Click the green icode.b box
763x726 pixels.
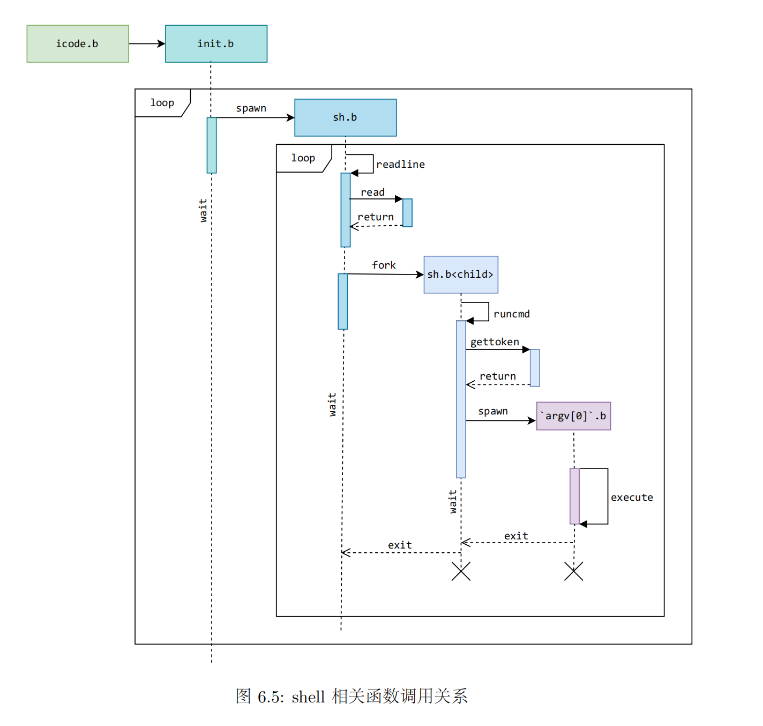pos(78,43)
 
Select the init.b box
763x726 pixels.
pos(216,43)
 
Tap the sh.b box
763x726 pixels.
pos(345,117)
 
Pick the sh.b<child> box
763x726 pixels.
pos(461,275)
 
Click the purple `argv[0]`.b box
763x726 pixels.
pos(573,416)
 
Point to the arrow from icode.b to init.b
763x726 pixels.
pos(146,43)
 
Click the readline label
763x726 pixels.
pos(400,165)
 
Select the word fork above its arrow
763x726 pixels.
pos(384,265)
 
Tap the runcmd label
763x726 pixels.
pos(511,314)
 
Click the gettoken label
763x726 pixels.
pos(495,342)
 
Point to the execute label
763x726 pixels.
pos(632,498)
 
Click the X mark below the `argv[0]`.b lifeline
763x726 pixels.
pos(573,571)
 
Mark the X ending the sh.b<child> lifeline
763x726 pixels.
pos(461,571)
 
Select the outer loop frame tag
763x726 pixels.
pos(162,102)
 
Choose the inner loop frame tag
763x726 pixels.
pos(303,158)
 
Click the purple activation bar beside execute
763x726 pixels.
pos(574,496)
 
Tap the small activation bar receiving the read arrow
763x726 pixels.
pos(407,213)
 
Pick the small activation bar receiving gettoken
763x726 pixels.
pos(535,368)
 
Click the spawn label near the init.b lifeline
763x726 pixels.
pos(251,108)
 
